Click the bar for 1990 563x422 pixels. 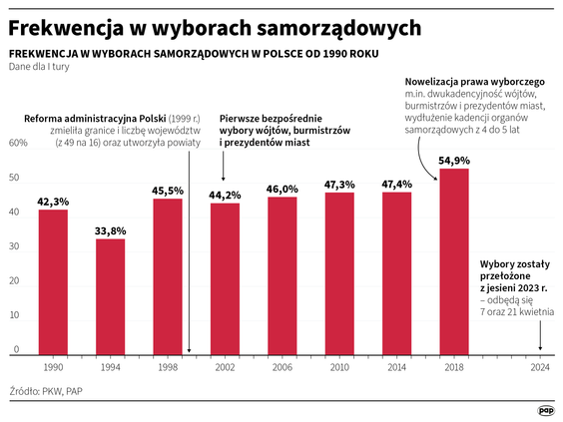coord(53,282)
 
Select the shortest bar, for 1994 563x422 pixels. coord(110,296)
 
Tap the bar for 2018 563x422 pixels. coord(453,261)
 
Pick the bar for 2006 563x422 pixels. coord(281,276)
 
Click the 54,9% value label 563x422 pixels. coord(453,160)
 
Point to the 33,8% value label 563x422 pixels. coord(110,230)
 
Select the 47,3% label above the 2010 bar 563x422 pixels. coord(339,185)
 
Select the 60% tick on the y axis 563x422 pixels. coord(18,143)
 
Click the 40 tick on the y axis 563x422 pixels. coord(14,212)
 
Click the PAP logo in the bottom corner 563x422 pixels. coord(544,409)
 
